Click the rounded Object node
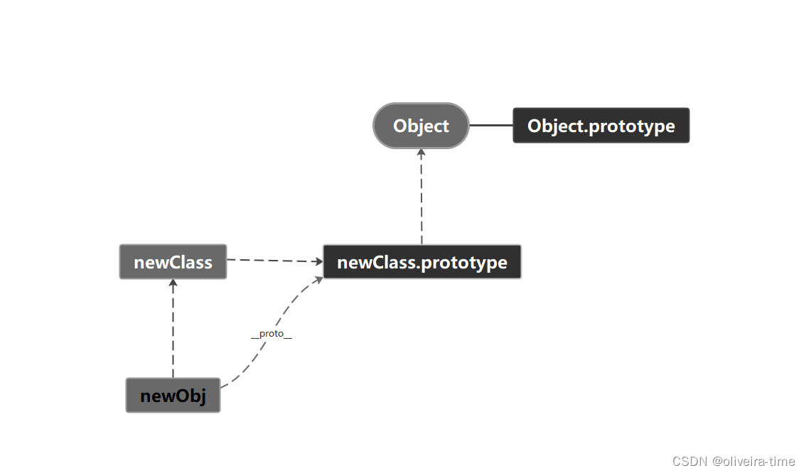click(421, 126)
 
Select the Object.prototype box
click(601, 126)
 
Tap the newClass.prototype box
click(421, 262)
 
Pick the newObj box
click(173, 396)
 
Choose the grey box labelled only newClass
click(173, 262)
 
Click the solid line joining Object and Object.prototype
click(490, 126)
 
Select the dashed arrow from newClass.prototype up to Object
click(421, 199)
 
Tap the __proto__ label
click(272, 334)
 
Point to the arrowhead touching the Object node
click(421, 153)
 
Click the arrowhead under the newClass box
click(173, 283)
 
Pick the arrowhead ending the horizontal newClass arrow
click(319, 261)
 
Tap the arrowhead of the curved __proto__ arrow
click(318, 279)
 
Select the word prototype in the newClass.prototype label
click(464, 263)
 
